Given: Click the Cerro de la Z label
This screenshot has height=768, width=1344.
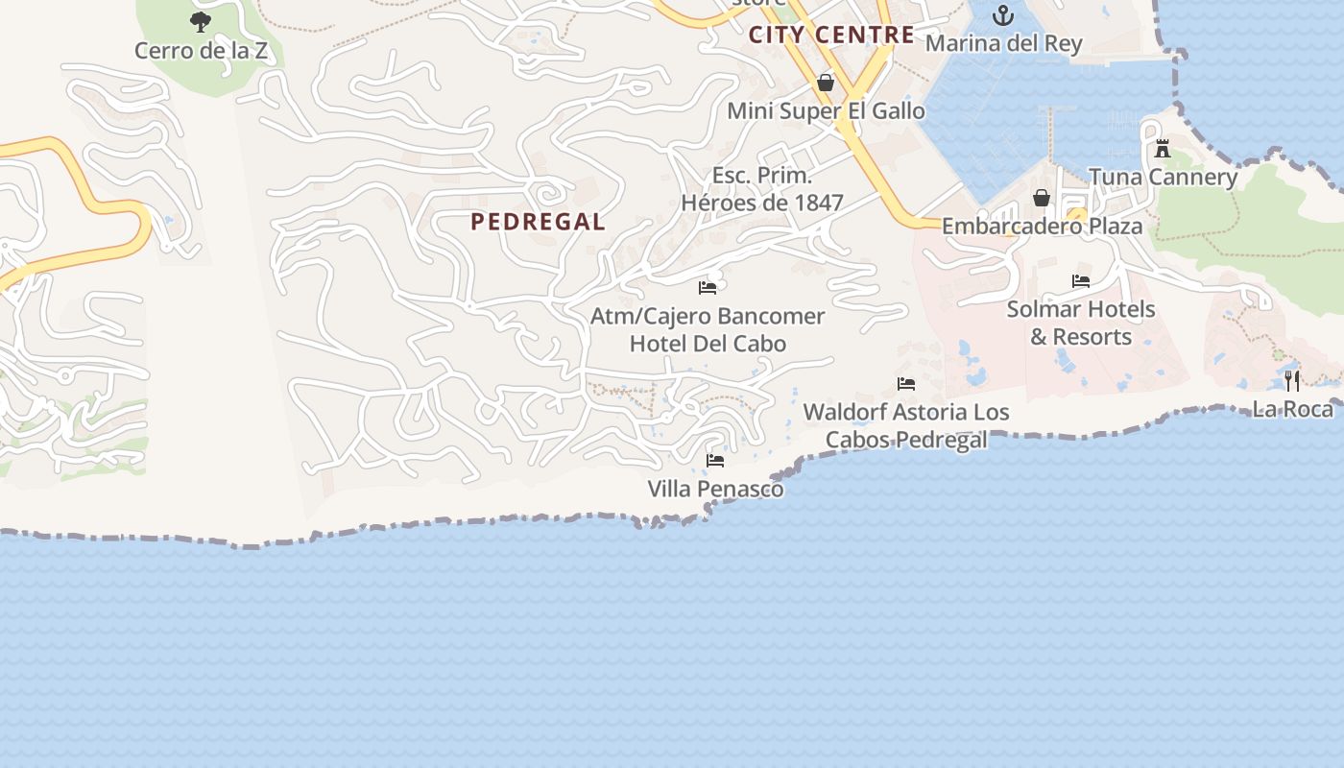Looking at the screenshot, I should (201, 51).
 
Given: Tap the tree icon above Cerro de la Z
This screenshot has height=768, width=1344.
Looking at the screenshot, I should (201, 21).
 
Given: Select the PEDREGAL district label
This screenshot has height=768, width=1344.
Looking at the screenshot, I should (538, 222).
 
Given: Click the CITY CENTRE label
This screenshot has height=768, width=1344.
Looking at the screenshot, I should (831, 36).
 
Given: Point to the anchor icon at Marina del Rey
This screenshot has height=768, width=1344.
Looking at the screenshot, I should (1003, 15).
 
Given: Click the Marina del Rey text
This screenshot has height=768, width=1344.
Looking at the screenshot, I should (1003, 43).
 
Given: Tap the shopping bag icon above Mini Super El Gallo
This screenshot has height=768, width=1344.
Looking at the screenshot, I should (825, 83).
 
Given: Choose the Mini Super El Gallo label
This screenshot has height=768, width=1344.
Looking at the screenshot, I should (826, 111).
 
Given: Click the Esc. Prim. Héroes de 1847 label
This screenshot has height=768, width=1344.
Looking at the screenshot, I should (762, 189).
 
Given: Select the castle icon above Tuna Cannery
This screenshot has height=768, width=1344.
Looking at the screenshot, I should (1163, 149).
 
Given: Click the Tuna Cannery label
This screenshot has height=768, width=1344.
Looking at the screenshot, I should (1163, 177).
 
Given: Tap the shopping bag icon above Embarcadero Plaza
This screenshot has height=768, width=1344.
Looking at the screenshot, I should (1042, 198).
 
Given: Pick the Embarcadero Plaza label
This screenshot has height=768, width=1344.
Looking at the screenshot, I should (1042, 227).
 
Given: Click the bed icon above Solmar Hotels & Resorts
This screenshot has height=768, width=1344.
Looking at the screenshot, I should (1081, 281).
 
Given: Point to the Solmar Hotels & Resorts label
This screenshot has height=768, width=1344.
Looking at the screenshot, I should (1081, 324).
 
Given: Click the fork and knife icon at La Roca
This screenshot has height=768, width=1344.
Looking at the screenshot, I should (1292, 381).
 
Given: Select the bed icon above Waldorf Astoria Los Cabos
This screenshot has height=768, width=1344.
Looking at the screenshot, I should (905, 384).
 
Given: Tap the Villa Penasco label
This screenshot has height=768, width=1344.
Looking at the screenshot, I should (715, 490).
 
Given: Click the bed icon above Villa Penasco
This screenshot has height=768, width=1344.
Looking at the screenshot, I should (715, 461).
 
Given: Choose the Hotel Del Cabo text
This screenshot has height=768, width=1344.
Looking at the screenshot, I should (708, 344).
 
